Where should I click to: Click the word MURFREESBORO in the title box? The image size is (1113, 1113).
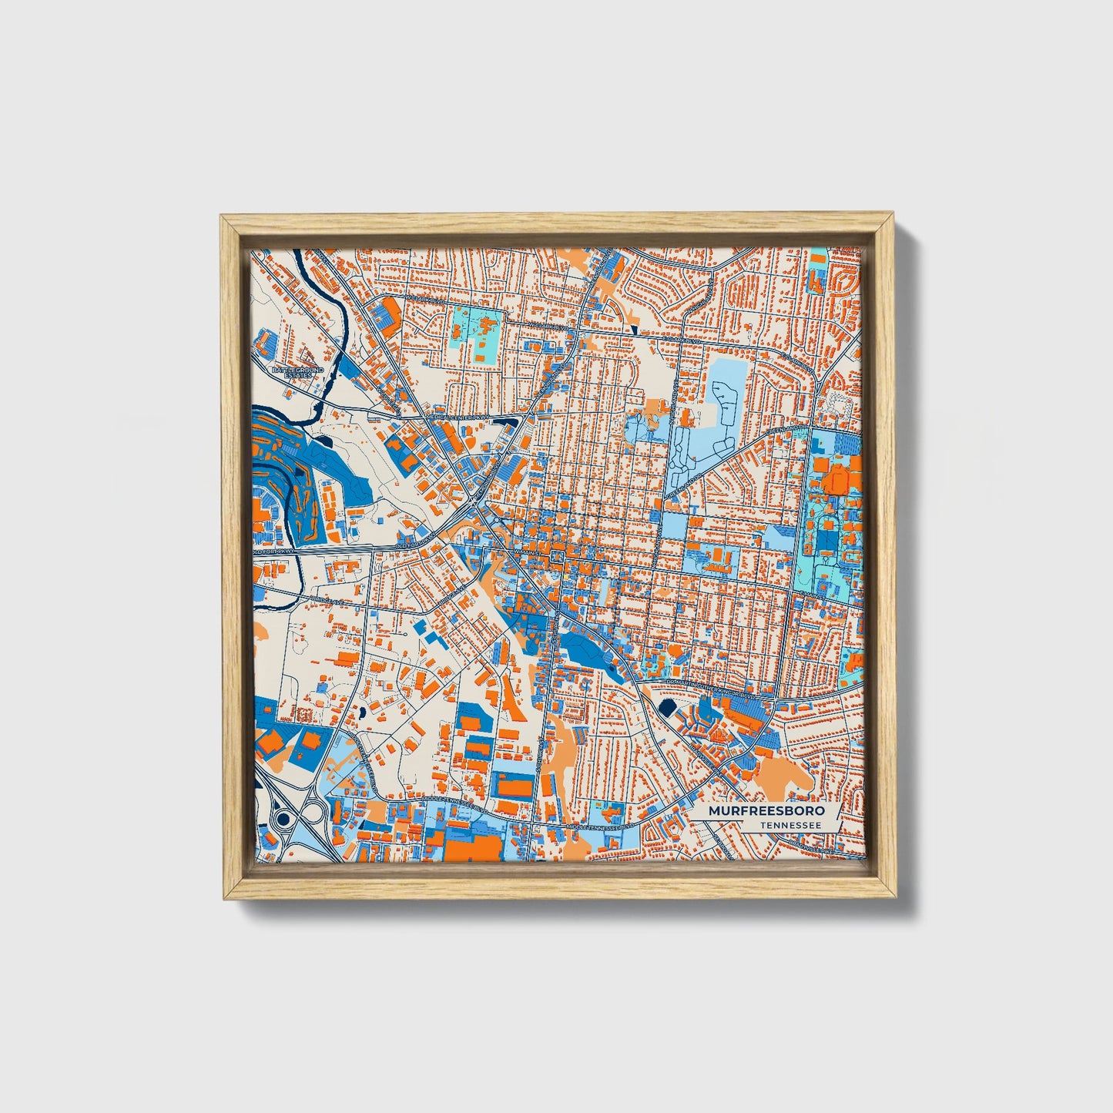pos(766,811)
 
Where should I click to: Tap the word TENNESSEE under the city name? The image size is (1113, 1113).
pos(789,826)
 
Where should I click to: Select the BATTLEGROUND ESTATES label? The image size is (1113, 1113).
pos(298,372)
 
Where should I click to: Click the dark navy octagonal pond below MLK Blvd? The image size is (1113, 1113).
pos(667,707)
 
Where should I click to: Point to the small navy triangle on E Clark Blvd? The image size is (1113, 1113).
pos(633,330)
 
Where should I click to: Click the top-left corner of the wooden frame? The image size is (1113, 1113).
pos(223,220)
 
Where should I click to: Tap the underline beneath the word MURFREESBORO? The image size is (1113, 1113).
pos(766,819)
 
